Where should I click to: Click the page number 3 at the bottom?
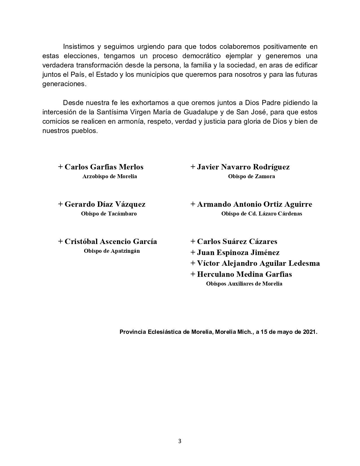pyautogui.click(x=180, y=441)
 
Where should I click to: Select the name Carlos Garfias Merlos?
pyautogui.click(x=104, y=167)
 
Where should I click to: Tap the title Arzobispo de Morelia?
pyautogui.click(x=110, y=177)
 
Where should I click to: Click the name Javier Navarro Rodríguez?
pyautogui.click(x=243, y=167)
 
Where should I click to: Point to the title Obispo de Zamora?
pyautogui.click(x=251, y=177)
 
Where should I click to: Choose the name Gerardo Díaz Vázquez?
pyautogui.click(x=105, y=204)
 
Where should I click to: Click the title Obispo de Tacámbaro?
pyautogui.click(x=109, y=214)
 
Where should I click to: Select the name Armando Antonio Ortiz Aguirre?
pyautogui.click(x=254, y=204)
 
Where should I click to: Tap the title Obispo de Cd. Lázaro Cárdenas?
pyautogui.click(x=261, y=214)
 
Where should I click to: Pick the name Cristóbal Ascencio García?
pyautogui.click(x=111, y=241)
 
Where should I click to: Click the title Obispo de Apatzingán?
pyautogui.click(x=112, y=251)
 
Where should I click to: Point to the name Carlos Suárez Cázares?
pyautogui.click(x=237, y=241)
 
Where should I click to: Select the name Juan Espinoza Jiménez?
pyautogui.click(x=238, y=252)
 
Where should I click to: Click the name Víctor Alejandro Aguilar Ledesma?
pyautogui.click(x=258, y=263)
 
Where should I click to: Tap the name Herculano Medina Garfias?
pyautogui.click(x=244, y=274)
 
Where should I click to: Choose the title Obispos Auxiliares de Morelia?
pyautogui.click(x=244, y=284)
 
